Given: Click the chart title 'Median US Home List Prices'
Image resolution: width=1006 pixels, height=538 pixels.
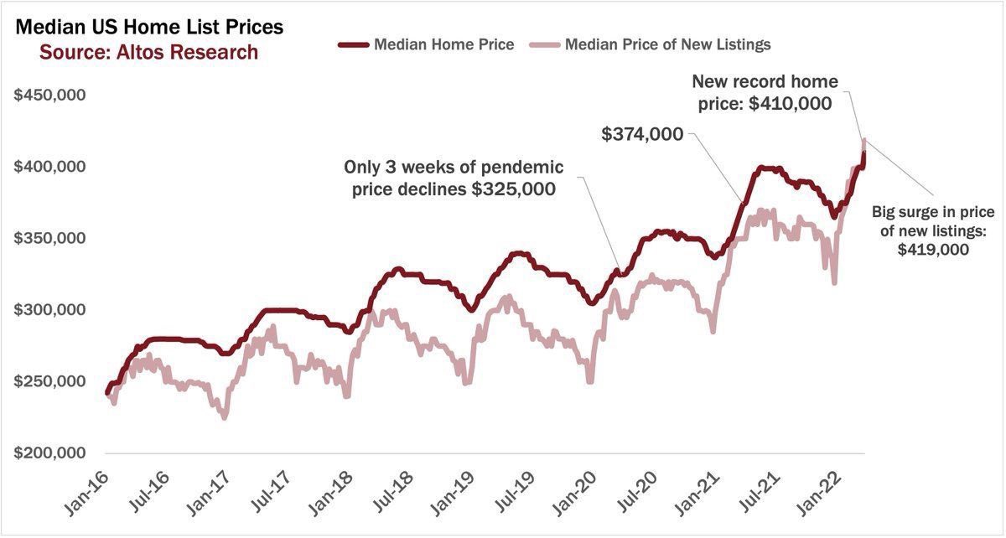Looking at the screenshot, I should tap(149, 27).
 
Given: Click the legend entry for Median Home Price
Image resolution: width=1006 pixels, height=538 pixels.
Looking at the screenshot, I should tap(443, 44).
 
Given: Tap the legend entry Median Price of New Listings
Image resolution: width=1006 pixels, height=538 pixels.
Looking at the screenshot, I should tap(667, 44).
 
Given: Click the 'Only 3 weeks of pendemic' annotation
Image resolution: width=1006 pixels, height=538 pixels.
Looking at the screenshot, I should tap(454, 166).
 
